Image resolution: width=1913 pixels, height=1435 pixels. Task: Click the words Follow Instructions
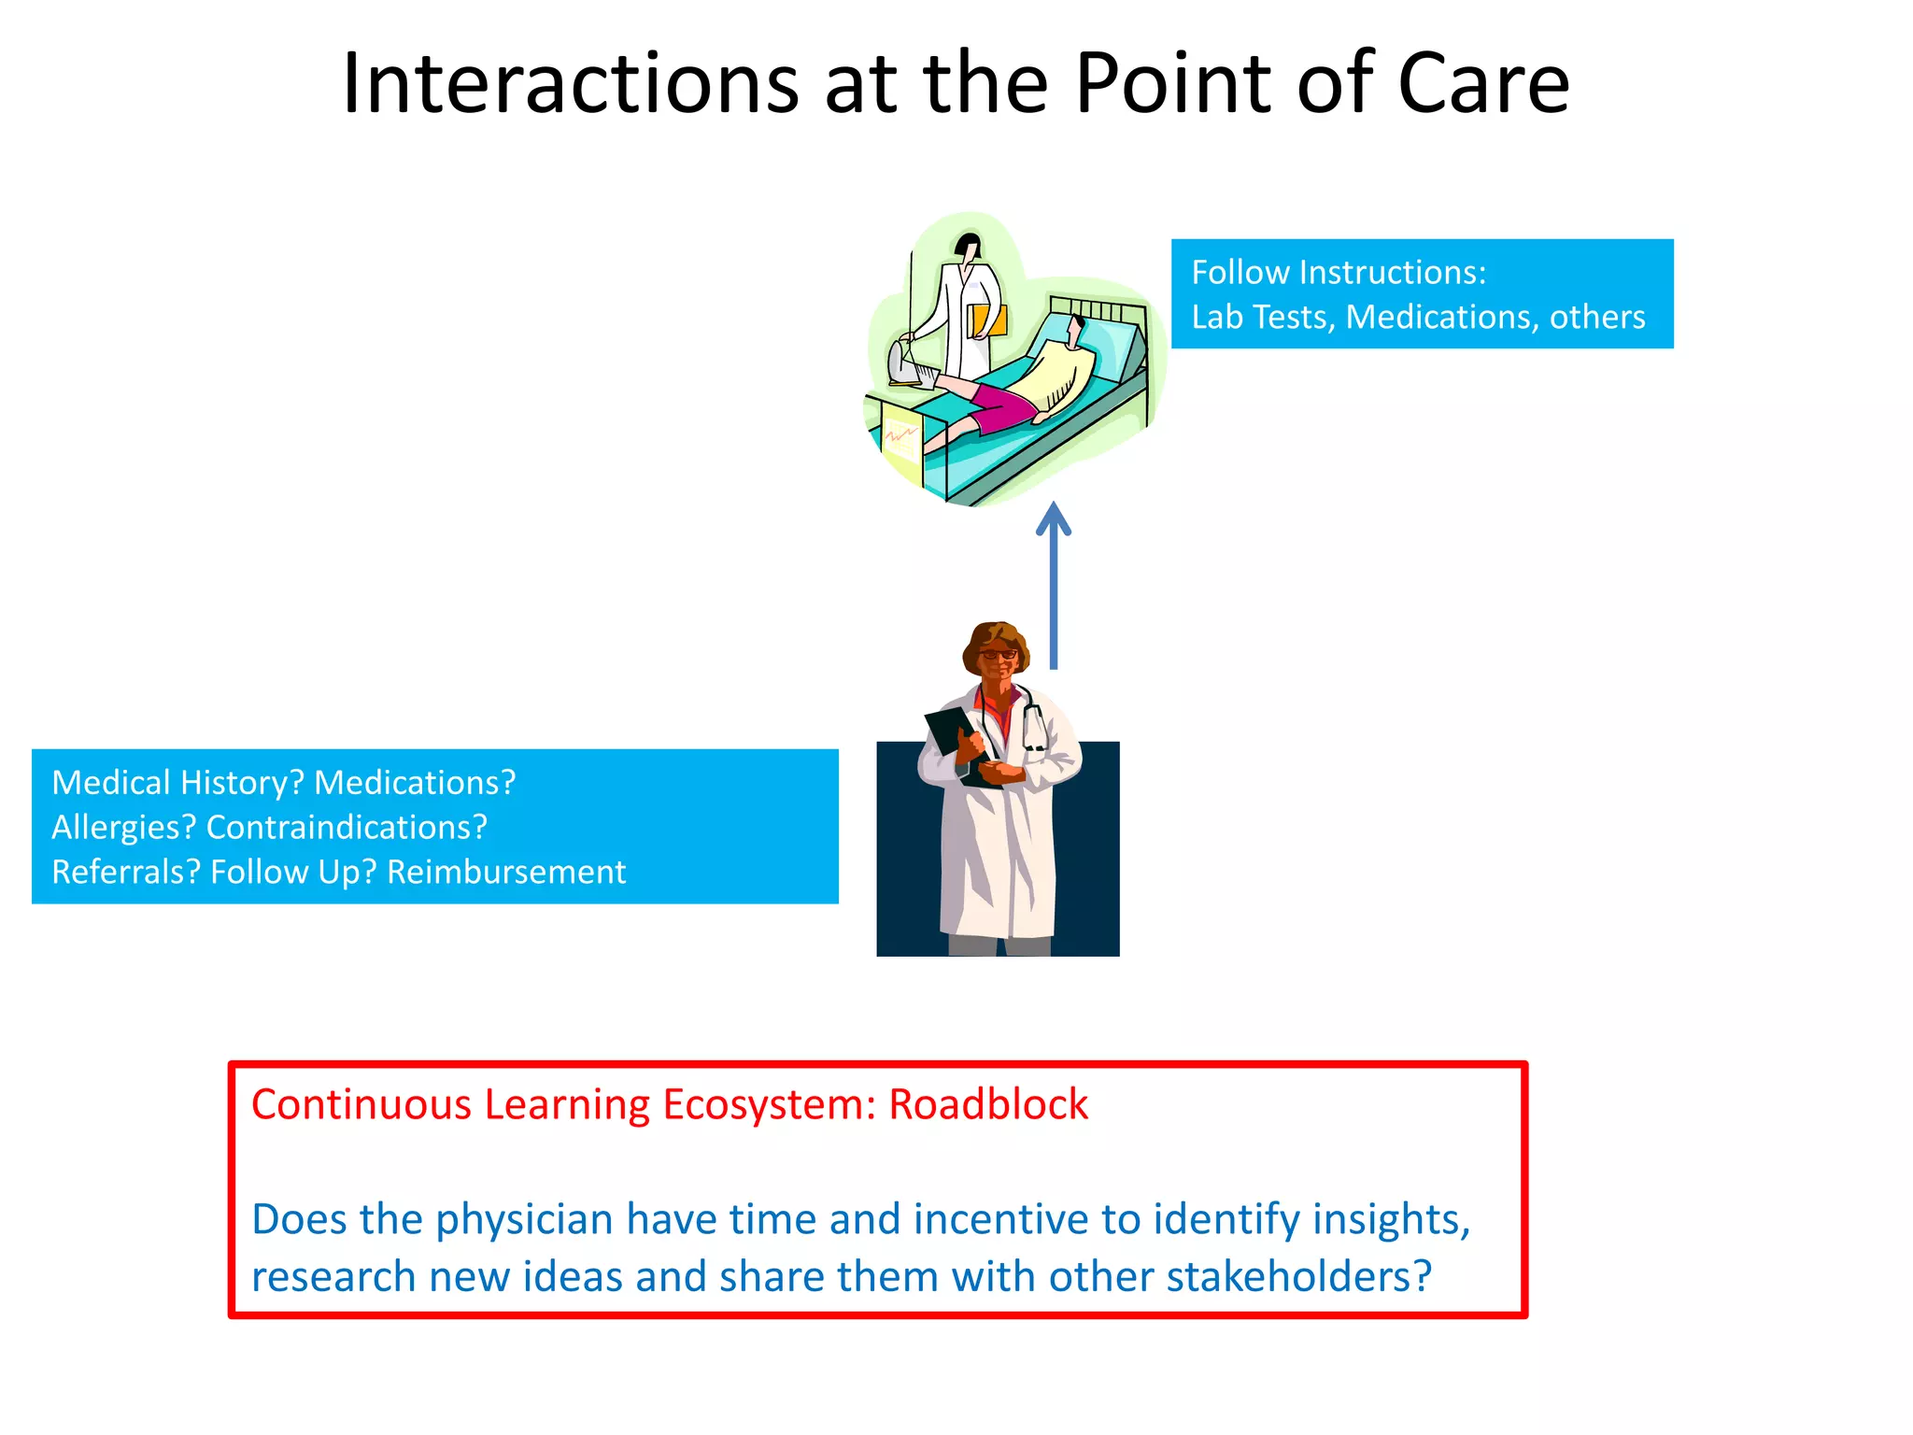(1338, 273)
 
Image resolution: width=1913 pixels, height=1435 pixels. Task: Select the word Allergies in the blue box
(123, 828)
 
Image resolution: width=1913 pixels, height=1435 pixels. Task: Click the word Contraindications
(347, 828)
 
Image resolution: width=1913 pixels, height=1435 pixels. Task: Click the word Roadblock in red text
(987, 1104)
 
